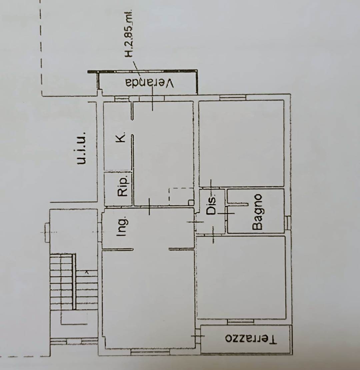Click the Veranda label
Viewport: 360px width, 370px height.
[150, 83]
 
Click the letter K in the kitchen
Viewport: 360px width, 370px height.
[121, 137]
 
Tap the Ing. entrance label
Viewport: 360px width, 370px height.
[123, 226]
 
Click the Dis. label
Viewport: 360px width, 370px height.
[211, 204]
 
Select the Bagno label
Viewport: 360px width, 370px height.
[257, 212]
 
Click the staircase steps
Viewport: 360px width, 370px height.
[74, 282]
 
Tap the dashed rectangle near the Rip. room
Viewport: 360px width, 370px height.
[181, 197]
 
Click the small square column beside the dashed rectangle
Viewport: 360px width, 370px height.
[191, 202]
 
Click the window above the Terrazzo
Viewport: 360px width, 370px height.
[241, 322]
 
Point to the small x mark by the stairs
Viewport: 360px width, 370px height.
[87, 272]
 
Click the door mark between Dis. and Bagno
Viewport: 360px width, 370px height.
[226, 213]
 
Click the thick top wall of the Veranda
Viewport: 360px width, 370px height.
[142, 71]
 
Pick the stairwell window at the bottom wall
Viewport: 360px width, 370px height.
[74, 341]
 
